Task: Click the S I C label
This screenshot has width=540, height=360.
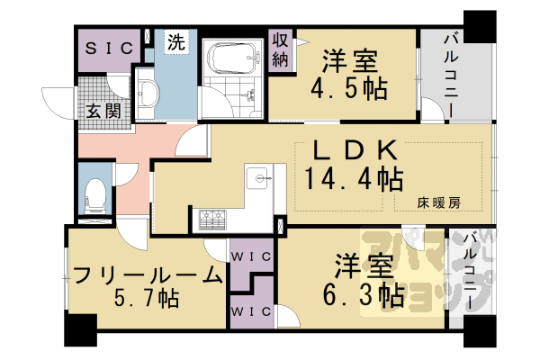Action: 109,47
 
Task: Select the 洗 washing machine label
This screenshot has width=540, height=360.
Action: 176,41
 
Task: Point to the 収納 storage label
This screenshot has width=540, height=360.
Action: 281,51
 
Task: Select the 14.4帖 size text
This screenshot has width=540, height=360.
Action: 353,178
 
